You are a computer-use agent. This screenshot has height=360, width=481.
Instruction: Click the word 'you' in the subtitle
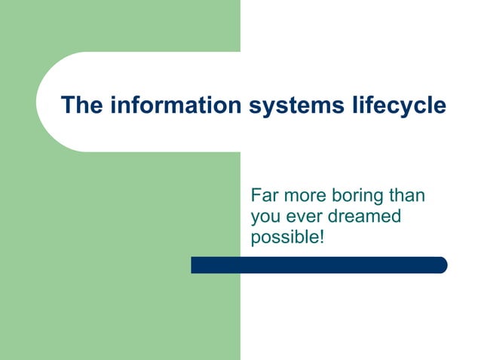click(x=265, y=218)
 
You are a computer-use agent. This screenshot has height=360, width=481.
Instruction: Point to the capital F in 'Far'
click(x=256, y=196)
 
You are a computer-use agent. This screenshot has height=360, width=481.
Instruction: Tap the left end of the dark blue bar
click(x=195, y=265)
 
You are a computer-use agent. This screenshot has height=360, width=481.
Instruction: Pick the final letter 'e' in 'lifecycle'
click(x=440, y=105)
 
